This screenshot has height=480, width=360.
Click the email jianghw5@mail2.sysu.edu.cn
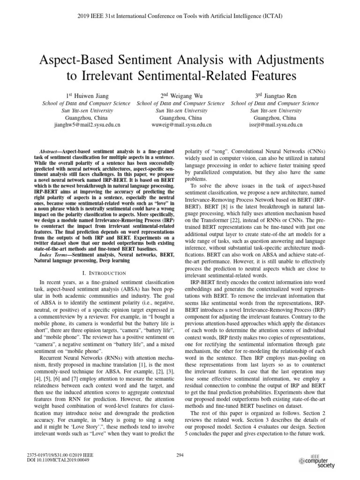pyautogui.click(x=87, y=125)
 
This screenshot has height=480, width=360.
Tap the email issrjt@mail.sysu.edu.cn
pyautogui.click(x=275, y=125)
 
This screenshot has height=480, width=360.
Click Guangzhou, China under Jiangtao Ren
pyautogui.click(x=275, y=118)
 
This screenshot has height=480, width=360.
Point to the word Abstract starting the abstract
pyautogui.click(x=47, y=151)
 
